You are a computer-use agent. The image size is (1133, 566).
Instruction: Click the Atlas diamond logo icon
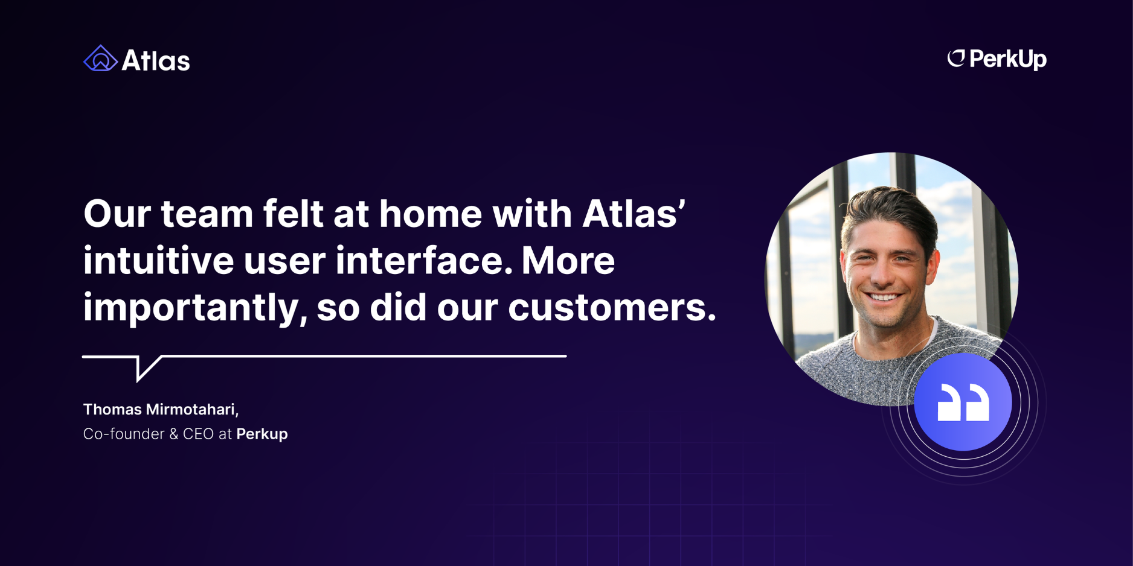[x=100, y=59]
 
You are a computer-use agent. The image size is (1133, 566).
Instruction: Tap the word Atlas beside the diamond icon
[x=156, y=60]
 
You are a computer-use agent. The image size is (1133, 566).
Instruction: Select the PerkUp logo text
[x=1008, y=59]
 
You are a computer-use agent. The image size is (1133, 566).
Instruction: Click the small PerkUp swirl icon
[x=956, y=58]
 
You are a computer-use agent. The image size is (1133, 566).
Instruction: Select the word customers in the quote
[x=612, y=307]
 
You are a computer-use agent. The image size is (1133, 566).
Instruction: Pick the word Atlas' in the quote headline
[x=634, y=214]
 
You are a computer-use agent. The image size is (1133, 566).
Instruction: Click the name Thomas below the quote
[x=112, y=409]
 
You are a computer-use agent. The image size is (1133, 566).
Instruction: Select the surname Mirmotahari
[x=193, y=410]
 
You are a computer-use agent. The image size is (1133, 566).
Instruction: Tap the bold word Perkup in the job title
[x=262, y=434]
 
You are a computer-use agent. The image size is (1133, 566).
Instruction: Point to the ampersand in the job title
[x=173, y=434]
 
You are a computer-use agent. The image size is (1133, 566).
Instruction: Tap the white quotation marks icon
[x=963, y=402]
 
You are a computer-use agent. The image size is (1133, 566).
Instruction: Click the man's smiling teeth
[x=884, y=296]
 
